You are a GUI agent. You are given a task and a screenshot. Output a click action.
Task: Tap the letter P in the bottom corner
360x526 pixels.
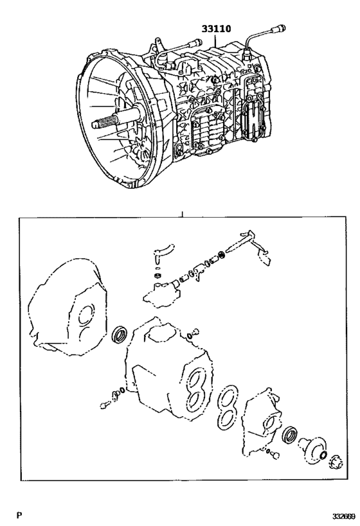tap(19, 515)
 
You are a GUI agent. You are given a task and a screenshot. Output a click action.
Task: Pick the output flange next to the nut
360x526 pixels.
tap(314, 447)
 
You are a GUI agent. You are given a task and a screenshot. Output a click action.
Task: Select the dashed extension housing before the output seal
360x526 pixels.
tap(264, 421)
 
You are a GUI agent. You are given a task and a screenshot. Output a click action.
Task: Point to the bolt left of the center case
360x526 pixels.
tap(106, 404)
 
